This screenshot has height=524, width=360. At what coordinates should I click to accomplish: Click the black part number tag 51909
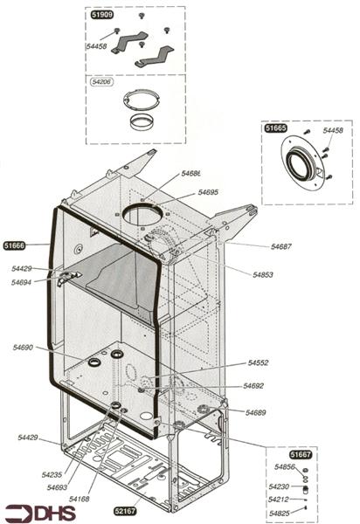(x=101, y=16)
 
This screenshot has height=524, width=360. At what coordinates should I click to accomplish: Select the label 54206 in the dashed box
(x=102, y=79)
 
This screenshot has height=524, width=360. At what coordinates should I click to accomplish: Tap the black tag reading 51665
(x=276, y=128)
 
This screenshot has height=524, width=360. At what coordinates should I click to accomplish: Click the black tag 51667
(x=301, y=455)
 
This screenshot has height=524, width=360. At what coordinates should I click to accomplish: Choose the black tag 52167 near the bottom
(x=126, y=508)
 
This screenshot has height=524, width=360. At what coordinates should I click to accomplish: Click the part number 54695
(x=208, y=192)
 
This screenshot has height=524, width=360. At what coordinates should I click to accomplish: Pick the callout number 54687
(x=280, y=246)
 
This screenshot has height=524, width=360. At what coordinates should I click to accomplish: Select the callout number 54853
(x=264, y=274)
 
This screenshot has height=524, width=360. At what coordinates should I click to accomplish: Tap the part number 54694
(x=22, y=282)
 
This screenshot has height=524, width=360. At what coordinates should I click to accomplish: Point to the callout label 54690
(x=23, y=348)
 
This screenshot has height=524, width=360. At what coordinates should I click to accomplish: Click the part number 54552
(x=258, y=362)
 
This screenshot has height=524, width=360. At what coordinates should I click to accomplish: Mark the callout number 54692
(x=253, y=385)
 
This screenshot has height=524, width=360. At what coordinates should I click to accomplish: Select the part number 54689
(x=255, y=411)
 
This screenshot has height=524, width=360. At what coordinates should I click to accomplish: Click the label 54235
(x=52, y=474)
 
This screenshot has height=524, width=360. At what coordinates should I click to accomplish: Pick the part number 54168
(x=80, y=499)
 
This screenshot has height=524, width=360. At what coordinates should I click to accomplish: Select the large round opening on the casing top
(x=145, y=213)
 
